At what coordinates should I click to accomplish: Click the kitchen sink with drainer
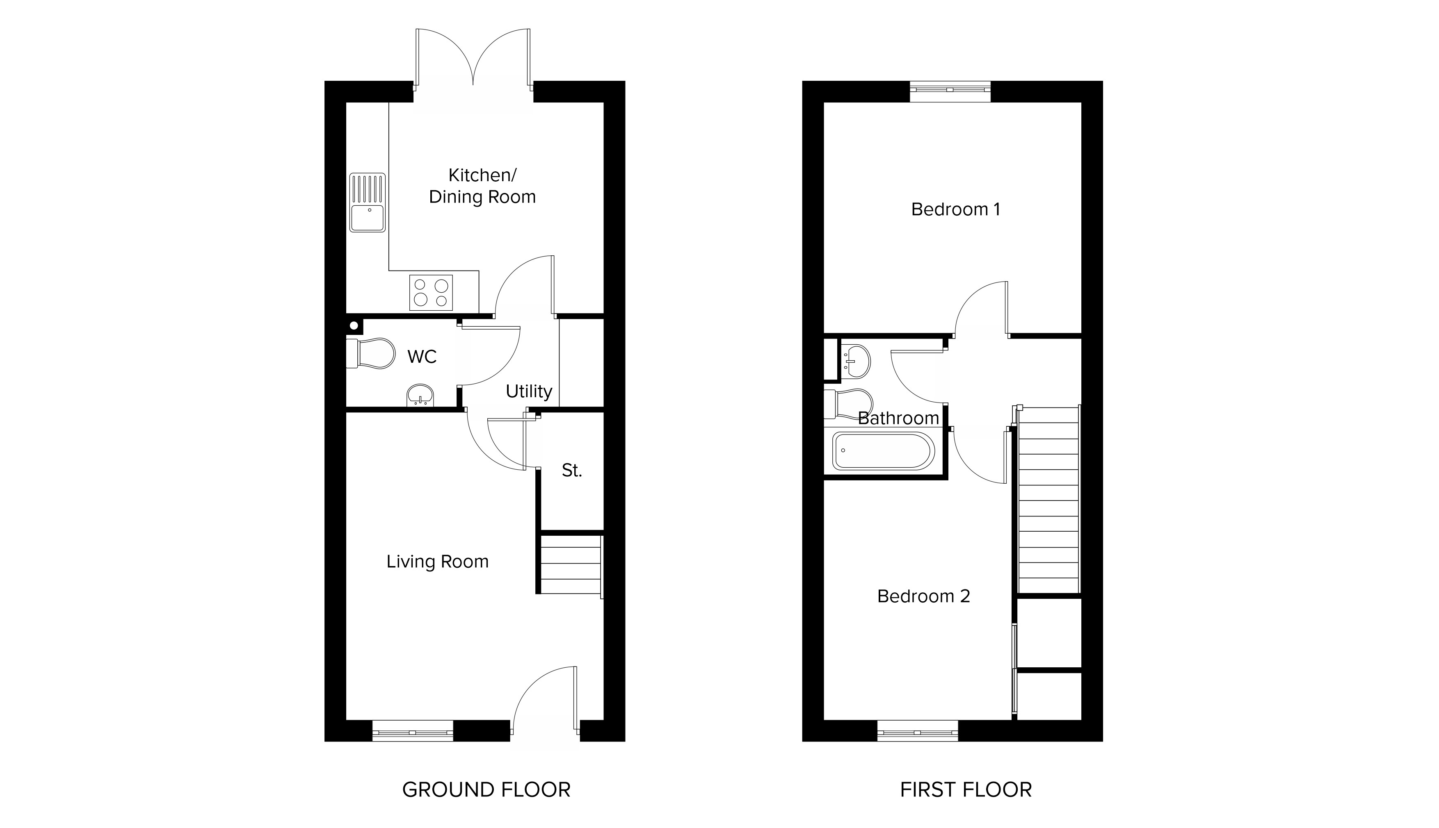click(368, 202)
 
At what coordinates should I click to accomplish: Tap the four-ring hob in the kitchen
click(431, 292)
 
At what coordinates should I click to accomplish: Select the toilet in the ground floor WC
click(370, 354)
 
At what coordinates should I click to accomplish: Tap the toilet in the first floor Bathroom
click(848, 404)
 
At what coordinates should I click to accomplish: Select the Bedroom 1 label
click(955, 209)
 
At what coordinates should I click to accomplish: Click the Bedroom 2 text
click(923, 596)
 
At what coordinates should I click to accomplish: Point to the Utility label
click(529, 391)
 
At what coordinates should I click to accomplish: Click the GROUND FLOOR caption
click(486, 790)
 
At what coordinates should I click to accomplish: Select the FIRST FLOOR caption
click(966, 790)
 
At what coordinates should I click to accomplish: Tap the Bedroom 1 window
click(950, 91)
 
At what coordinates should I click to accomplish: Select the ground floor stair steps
click(571, 564)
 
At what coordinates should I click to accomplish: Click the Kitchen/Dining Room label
click(482, 186)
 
